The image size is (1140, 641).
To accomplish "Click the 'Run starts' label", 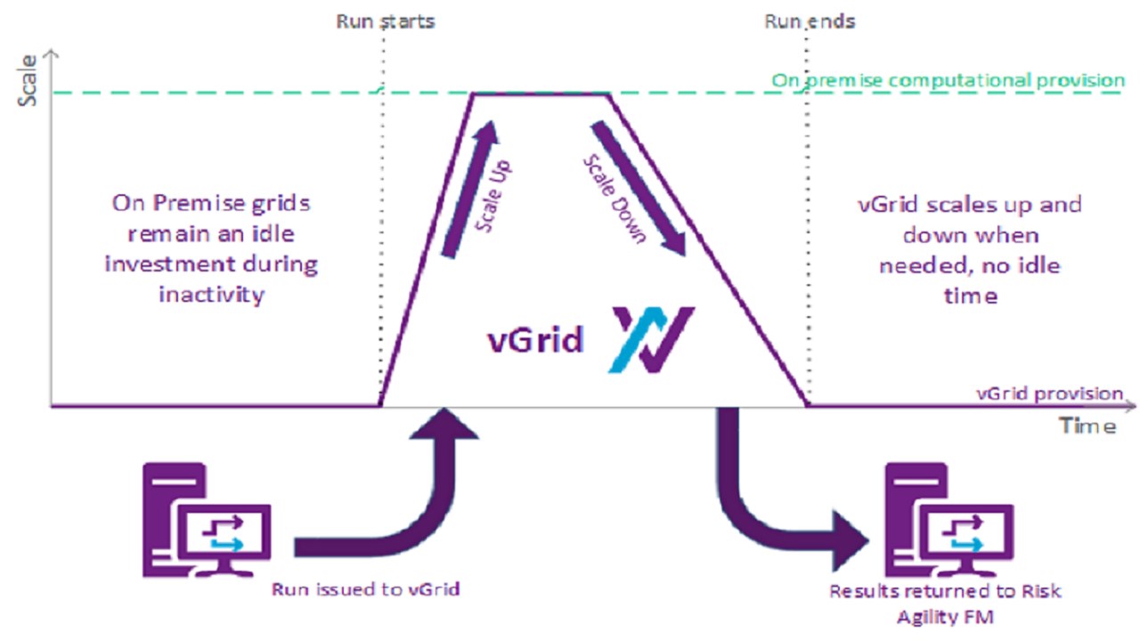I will point(385,20).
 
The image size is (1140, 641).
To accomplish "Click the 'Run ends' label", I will point(809,20).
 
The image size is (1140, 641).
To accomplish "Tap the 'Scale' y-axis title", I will point(28,85).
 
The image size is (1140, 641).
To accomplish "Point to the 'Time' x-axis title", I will point(1087,426).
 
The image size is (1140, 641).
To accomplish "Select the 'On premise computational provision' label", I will point(948,80).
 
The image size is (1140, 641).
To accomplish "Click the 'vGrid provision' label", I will point(1049,393).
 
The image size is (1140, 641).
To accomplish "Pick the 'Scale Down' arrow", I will point(638,189).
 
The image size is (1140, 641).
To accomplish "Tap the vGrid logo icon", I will point(651,339).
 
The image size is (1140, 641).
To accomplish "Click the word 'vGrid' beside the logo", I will point(534,340).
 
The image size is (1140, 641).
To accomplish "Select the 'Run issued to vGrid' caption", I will point(365,588).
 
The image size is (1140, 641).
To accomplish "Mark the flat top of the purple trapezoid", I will point(540,93).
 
